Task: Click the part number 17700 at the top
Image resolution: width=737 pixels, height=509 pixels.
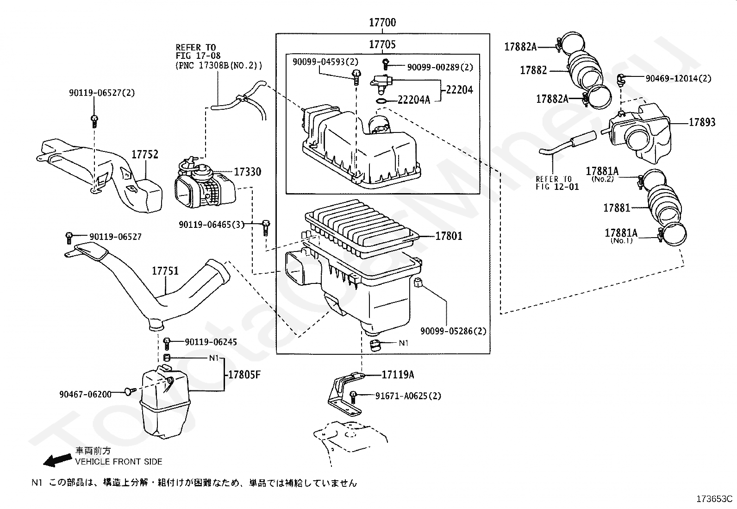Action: (x=382, y=22)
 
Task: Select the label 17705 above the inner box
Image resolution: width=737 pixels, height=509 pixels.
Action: (x=382, y=44)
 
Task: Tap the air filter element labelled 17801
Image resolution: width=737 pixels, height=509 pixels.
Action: (x=362, y=228)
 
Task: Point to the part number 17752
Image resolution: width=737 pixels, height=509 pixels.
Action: (x=145, y=154)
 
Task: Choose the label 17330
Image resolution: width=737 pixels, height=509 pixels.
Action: (x=247, y=171)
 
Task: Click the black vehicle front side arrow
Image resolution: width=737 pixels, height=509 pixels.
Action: (x=57, y=460)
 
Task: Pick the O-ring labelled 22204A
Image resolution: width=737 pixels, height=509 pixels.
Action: (x=381, y=101)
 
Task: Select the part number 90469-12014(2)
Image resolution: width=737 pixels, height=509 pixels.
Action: (x=678, y=78)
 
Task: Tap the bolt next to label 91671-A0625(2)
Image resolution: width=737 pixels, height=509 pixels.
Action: (x=353, y=397)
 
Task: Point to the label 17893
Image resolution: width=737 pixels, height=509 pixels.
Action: (x=702, y=122)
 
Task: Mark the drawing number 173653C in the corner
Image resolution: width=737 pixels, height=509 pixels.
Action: (x=714, y=499)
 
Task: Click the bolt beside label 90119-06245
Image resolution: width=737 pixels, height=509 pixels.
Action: (x=167, y=344)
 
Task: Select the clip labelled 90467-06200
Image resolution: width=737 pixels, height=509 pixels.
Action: (x=130, y=391)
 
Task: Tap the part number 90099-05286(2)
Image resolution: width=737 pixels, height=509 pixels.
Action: (x=453, y=331)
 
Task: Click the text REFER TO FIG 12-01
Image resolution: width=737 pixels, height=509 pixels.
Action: (x=557, y=183)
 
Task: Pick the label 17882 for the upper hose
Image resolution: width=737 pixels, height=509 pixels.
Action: (x=533, y=70)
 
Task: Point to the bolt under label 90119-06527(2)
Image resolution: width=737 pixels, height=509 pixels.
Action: (x=94, y=121)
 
